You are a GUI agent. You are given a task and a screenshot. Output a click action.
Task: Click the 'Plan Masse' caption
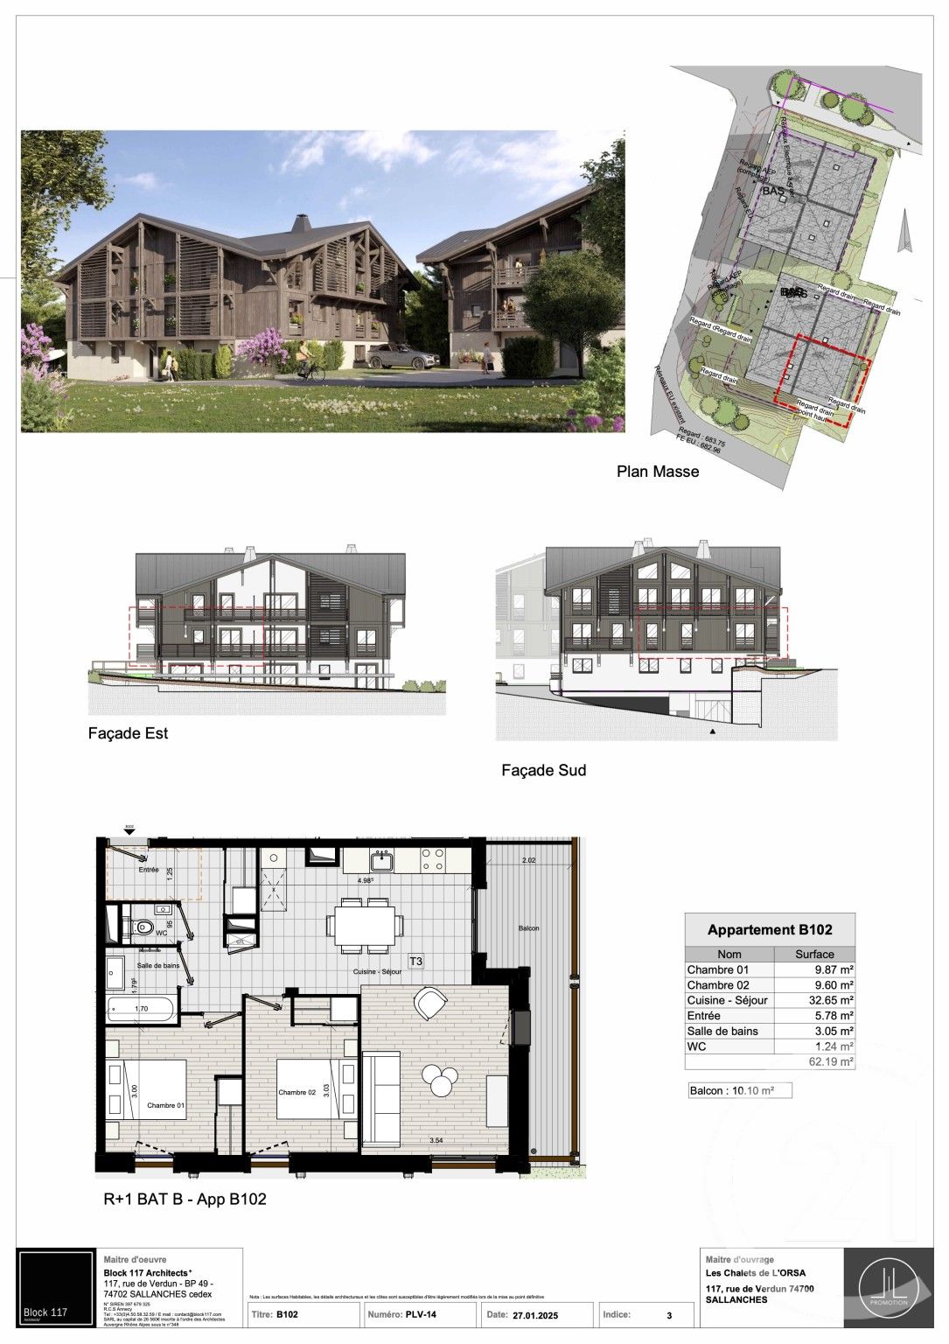pos(658,472)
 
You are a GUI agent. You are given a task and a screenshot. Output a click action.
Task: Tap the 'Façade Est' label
pos(128,733)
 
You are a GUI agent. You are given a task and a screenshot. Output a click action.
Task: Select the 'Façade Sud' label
pos(543,771)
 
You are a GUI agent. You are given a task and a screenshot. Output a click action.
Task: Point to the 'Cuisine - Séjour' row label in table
pos(727,1000)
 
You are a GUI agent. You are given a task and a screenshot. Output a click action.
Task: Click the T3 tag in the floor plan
pos(416,961)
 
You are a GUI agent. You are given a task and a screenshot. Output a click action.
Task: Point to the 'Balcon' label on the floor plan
pos(527,927)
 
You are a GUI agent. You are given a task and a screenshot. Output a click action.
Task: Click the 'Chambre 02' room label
pos(297,1092)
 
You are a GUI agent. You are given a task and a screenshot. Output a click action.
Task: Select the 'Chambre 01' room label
pos(165,1105)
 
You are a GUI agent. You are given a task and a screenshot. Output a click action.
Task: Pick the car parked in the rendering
pos(401,357)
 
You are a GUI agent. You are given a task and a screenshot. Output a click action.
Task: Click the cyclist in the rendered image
pos(306,362)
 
